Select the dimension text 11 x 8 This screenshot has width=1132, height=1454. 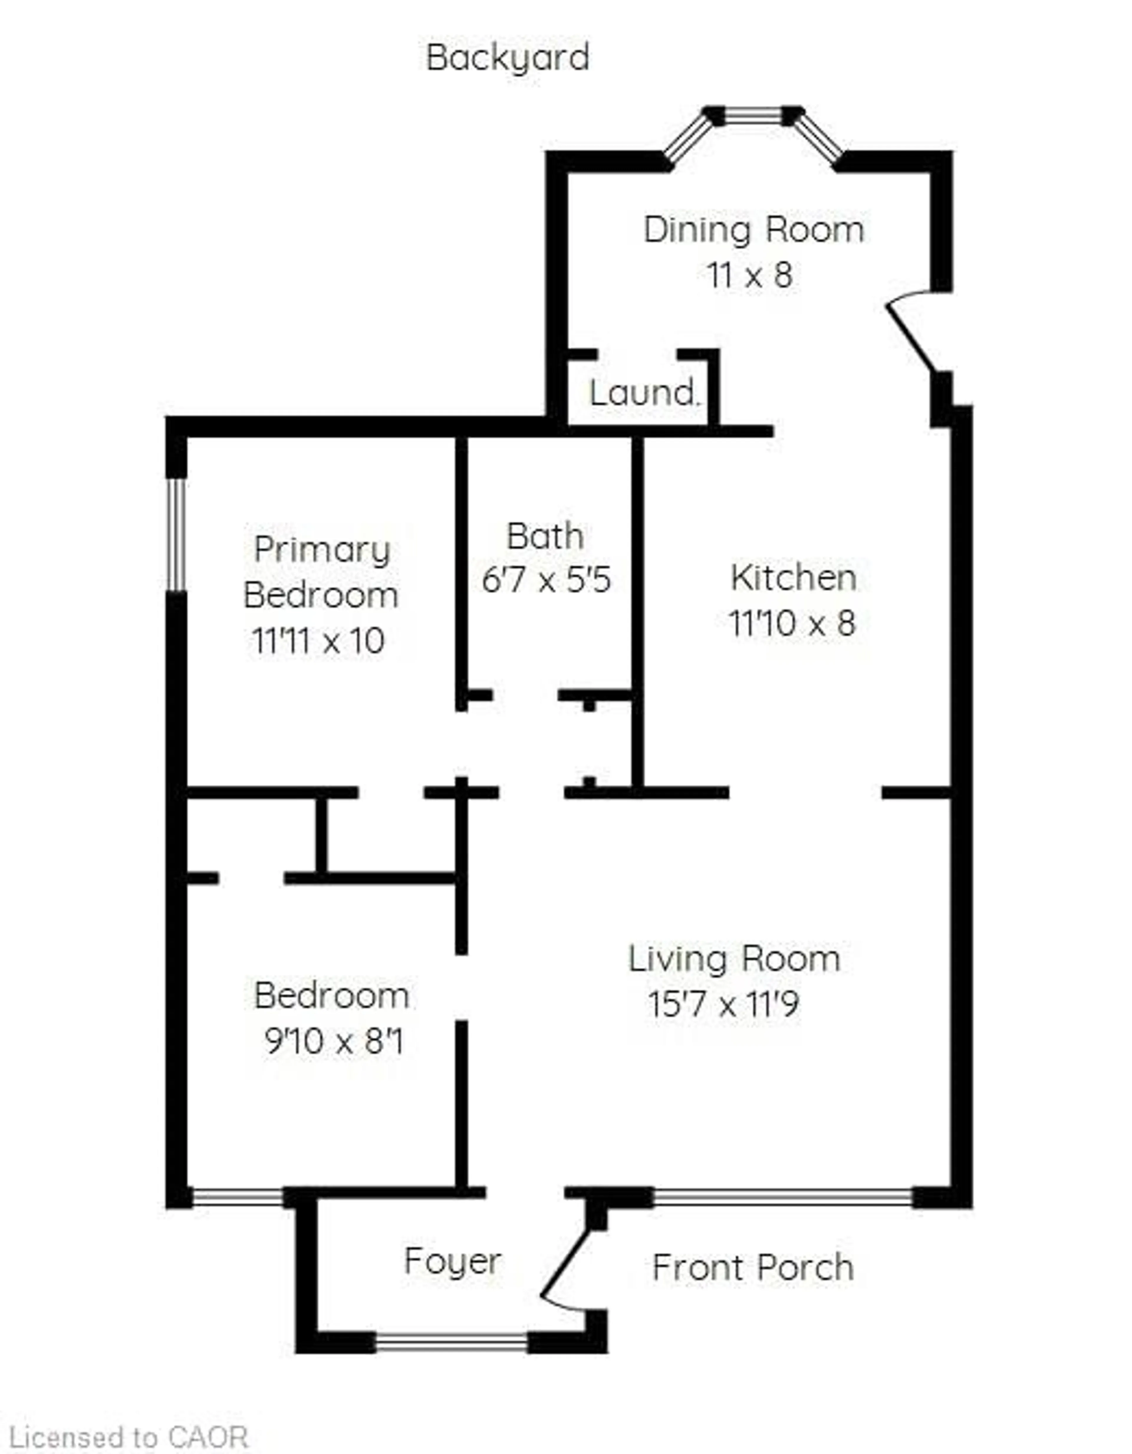[x=750, y=275]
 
